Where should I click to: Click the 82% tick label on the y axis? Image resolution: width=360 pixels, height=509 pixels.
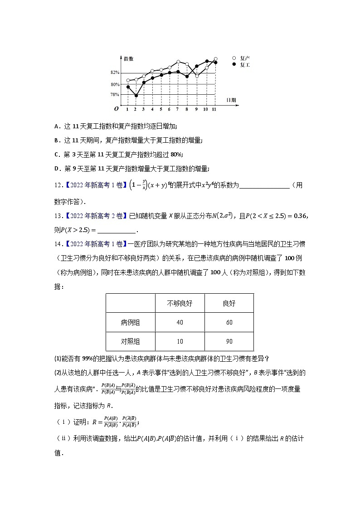pos(114,73)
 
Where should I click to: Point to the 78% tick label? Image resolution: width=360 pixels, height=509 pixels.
pos(114,94)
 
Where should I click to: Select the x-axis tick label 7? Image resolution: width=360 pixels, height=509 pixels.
pos(178,109)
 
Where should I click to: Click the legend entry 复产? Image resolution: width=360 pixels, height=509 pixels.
pos(245,58)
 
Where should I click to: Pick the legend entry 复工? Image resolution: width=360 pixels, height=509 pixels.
pos(245,65)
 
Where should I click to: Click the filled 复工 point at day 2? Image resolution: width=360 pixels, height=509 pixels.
pos(136,96)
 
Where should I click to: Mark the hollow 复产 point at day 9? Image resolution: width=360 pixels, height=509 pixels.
pos(197,76)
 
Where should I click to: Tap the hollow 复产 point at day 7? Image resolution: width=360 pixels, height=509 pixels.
pos(178,62)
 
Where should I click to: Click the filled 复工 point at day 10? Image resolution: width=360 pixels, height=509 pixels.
pos(207,61)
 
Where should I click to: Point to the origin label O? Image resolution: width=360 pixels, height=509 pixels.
pos(116,109)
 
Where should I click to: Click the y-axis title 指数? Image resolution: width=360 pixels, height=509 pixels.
pos(128,59)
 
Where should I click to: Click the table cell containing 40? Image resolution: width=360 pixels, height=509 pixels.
pos(180,322)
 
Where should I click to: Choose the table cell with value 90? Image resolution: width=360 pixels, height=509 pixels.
pos(229,341)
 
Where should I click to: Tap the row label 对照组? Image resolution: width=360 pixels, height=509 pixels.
pos(130,341)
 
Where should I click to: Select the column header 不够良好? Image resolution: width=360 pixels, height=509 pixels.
pos(180,303)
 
